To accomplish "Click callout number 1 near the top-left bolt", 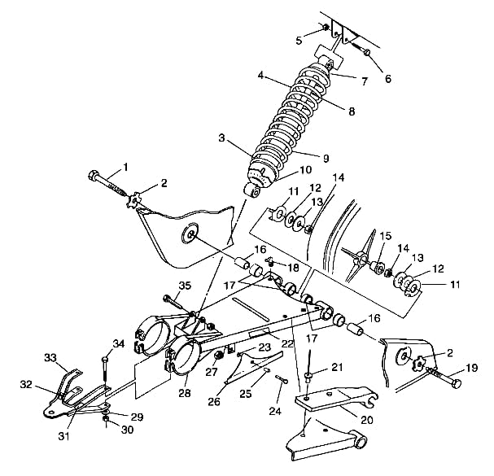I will [125, 168].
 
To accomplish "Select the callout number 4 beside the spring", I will [261, 76].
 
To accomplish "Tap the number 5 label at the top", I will [299, 40].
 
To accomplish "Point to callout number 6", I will [387, 79].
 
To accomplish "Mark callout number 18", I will [294, 267].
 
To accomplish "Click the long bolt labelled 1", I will [106, 183].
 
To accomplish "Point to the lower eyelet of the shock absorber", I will [254, 190].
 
